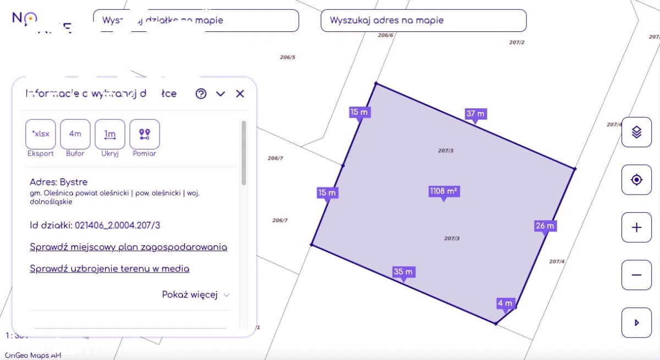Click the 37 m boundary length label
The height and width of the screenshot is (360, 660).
pos(476,114)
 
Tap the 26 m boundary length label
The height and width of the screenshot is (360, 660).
pos(544,226)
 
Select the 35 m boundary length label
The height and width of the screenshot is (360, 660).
pos(403,272)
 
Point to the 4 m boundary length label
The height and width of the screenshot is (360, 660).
pos(504,303)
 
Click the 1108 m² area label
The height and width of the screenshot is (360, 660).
pos(444,191)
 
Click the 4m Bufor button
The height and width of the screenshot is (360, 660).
pos(75,134)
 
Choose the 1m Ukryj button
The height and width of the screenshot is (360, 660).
pos(110,134)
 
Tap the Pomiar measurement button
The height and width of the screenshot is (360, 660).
pos(145,134)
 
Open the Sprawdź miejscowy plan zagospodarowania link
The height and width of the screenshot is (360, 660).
pos(128,247)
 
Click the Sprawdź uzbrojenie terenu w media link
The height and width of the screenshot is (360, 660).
pos(109,269)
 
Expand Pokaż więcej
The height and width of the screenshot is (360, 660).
pos(195,295)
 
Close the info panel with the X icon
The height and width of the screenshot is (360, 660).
pos(240,94)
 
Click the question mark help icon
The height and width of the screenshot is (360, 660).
pos(201,94)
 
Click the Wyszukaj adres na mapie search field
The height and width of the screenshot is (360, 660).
pos(424,20)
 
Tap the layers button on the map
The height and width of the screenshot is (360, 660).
pos(636,132)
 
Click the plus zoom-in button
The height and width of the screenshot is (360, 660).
pos(636,227)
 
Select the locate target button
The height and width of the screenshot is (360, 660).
pos(636,180)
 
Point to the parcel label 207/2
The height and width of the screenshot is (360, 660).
pos(516,42)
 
